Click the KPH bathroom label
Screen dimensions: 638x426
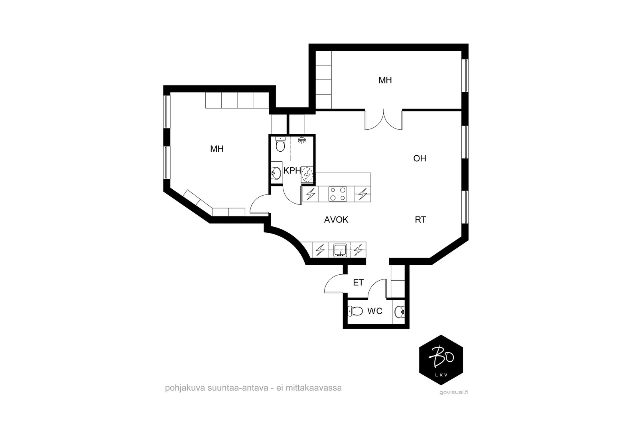292,171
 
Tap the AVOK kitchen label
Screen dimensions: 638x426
336,220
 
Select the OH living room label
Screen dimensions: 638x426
419,158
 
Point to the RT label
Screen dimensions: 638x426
420,220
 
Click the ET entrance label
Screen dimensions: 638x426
358,283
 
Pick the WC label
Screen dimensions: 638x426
375,311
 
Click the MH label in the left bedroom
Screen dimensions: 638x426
217,149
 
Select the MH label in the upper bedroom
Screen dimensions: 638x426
385,80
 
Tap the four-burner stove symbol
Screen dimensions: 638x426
338,194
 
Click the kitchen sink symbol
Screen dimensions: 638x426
340,250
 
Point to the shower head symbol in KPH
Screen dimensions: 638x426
301,140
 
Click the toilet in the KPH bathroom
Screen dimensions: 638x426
280,144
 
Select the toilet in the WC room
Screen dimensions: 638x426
355,311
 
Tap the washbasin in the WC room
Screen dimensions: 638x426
399,312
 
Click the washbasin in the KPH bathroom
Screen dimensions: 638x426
276,173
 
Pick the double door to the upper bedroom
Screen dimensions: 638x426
384,120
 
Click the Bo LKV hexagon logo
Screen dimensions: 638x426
441,360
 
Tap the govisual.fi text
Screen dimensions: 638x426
454,392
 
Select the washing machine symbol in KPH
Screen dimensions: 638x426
307,174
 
